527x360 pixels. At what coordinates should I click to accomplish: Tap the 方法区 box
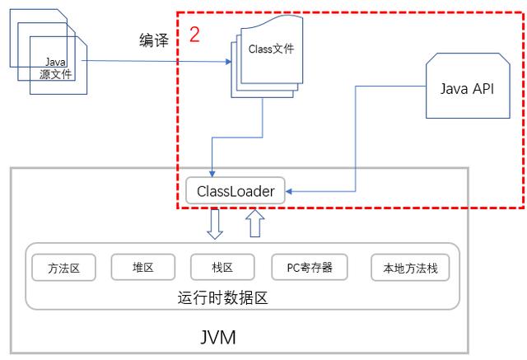click(64, 268)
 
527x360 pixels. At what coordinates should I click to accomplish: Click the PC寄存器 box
click(310, 268)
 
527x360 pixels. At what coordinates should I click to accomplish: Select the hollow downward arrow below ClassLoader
click(214, 224)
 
